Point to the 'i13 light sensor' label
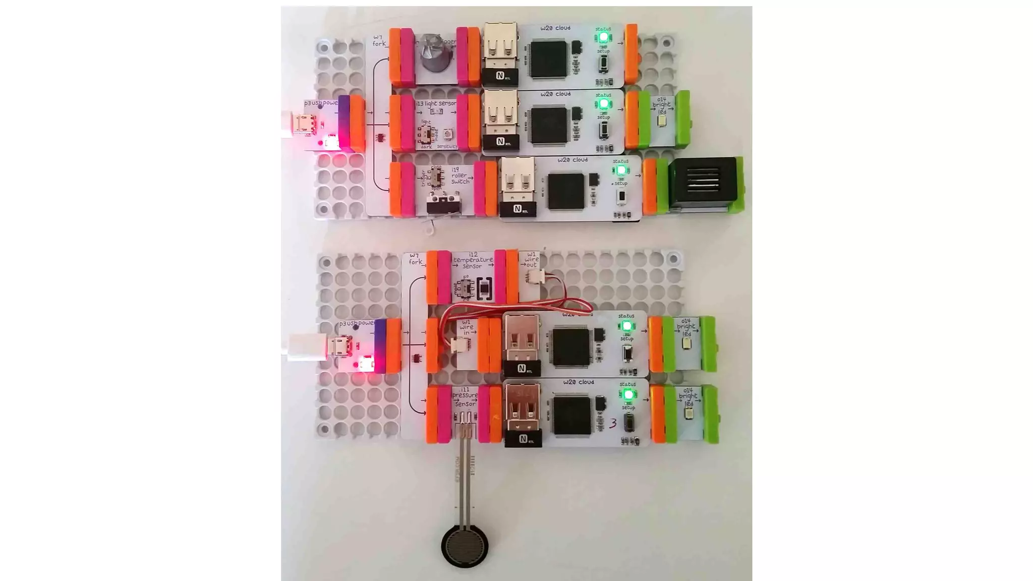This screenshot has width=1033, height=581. [436, 103]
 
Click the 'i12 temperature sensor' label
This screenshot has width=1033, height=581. [473, 260]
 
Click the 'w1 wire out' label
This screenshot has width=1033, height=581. [531, 260]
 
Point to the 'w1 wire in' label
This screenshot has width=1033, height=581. [466, 327]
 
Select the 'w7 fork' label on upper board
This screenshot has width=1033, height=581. [379, 40]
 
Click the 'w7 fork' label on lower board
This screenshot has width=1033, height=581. [415, 259]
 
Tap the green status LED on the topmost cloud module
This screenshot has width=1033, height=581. [603, 38]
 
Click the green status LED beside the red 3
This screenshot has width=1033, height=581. [628, 394]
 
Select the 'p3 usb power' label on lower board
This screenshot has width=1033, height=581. [356, 323]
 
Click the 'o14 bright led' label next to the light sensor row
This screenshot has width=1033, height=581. [661, 105]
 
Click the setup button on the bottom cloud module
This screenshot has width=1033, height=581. [628, 422]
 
